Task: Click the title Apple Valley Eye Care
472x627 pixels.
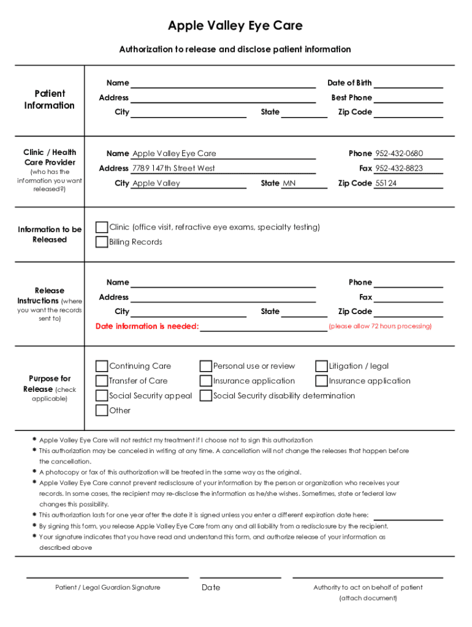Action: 235,26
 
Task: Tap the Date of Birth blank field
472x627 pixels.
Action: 408,83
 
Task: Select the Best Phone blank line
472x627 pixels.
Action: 408,98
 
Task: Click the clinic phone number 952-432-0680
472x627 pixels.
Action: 399,154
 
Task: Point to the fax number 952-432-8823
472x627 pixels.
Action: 399,168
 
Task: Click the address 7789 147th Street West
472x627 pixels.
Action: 173,168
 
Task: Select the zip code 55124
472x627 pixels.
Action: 386,183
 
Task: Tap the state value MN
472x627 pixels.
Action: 289,183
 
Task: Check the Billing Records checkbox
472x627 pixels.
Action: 102,242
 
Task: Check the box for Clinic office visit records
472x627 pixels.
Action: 102,227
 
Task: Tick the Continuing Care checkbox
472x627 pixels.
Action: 102,366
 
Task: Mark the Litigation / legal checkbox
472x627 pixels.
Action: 321,366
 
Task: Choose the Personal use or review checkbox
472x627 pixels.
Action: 206,366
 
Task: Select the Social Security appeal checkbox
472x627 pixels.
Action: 102,396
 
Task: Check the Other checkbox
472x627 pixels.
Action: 102,410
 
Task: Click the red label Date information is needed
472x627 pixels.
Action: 147,326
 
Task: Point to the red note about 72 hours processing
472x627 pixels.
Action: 380,326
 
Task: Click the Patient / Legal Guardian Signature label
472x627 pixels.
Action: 108,587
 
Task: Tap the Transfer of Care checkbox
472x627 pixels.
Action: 102,381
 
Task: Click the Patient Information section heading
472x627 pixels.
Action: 50,99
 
